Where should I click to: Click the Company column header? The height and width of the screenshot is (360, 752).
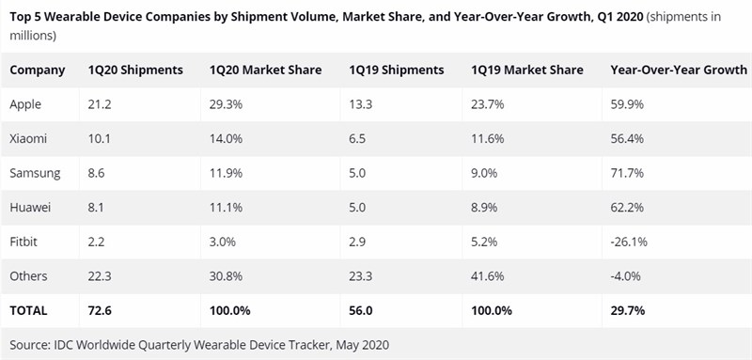(x=38, y=70)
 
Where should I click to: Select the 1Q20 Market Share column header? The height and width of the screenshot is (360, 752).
(x=265, y=70)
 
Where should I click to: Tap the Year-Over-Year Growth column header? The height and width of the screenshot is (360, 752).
(x=679, y=70)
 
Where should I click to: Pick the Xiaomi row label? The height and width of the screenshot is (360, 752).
(x=30, y=139)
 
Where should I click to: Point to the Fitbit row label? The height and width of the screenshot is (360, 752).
(x=26, y=241)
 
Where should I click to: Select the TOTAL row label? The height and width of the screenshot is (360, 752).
(x=30, y=308)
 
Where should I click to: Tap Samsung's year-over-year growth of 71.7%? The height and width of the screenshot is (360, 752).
(x=628, y=173)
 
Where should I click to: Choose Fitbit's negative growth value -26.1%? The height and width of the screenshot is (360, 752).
(x=630, y=241)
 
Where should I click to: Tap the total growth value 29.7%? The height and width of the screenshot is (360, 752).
(x=629, y=308)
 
